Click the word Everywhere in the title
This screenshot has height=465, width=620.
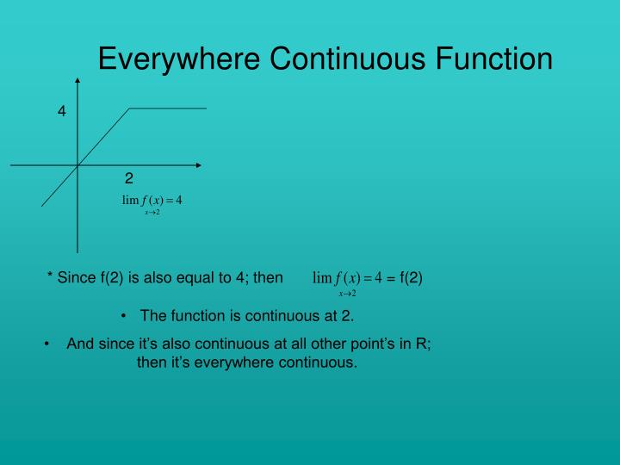(x=179, y=59)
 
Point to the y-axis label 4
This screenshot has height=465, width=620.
(x=62, y=111)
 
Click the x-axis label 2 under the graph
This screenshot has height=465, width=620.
(x=128, y=179)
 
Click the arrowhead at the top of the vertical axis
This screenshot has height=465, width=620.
(x=78, y=81)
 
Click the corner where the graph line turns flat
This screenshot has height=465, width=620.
(x=129, y=108)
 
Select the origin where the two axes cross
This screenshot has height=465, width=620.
(x=78, y=164)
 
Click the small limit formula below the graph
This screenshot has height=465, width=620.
(x=152, y=202)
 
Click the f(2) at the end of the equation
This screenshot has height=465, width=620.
(x=411, y=277)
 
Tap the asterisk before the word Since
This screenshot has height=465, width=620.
(x=49, y=277)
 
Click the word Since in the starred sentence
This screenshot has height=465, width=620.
(x=75, y=277)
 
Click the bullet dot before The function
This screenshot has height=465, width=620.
(x=125, y=315)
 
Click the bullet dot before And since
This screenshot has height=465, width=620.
(x=47, y=344)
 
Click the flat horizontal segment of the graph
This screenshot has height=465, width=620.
(x=169, y=108)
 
